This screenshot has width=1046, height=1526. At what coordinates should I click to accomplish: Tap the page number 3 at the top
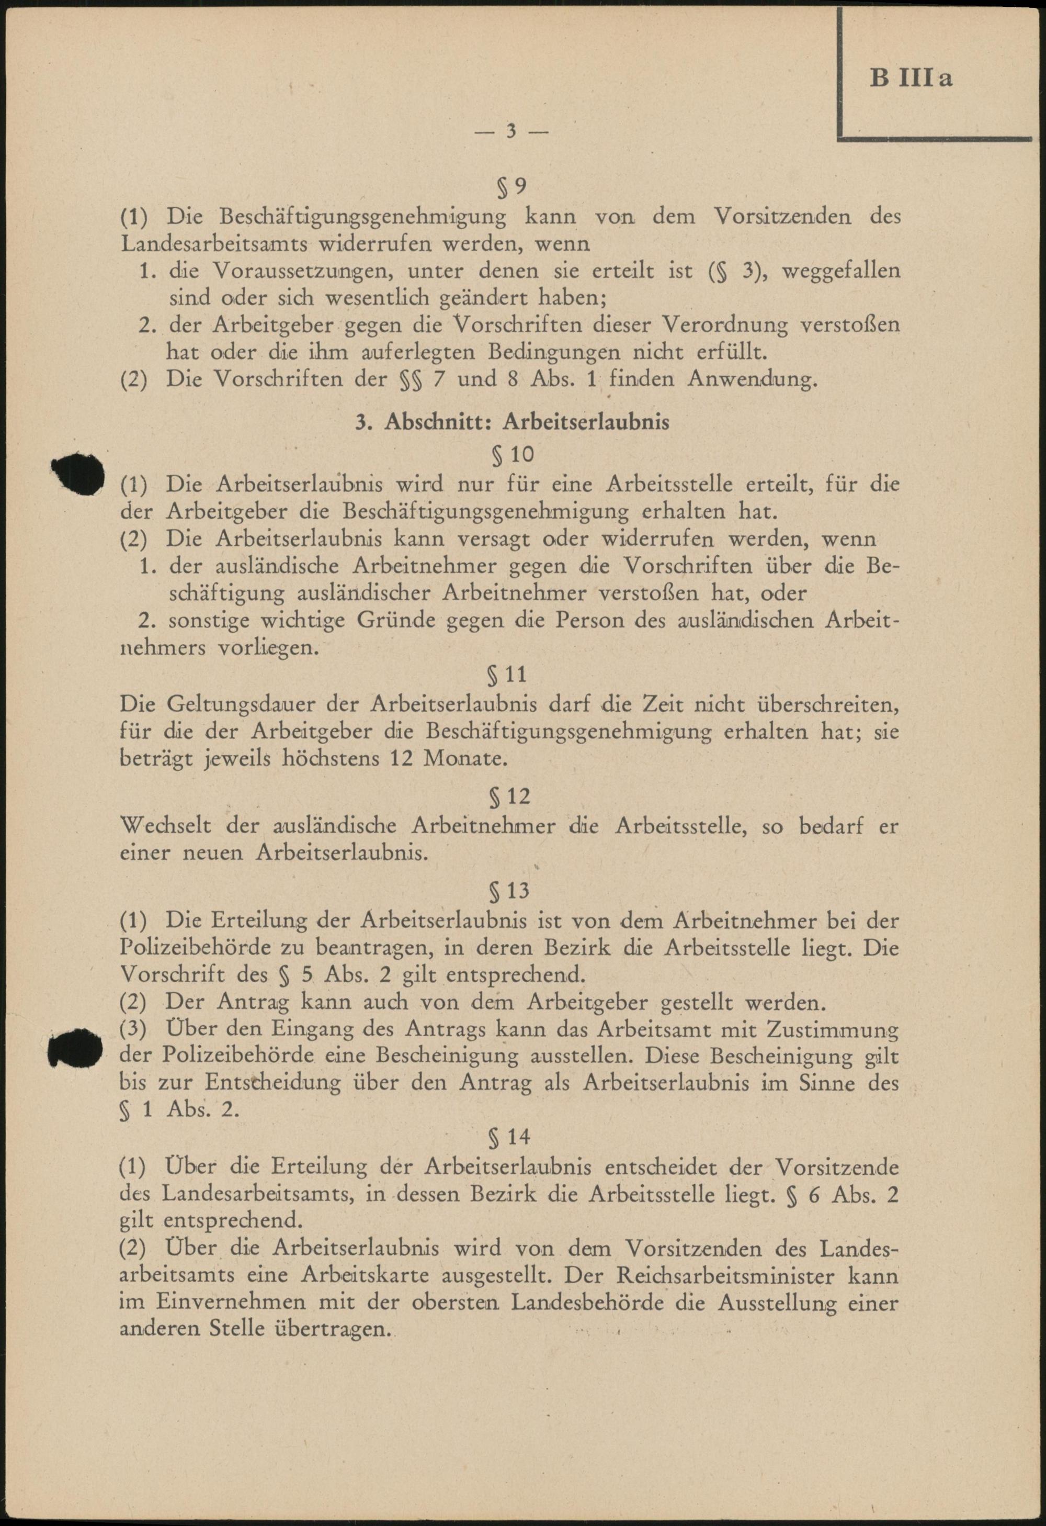coord(511,131)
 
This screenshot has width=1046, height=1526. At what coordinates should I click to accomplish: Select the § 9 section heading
coord(512,188)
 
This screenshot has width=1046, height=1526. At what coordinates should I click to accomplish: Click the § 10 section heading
coord(513,454)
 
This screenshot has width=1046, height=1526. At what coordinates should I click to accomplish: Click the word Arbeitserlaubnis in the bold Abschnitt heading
coord(586,422)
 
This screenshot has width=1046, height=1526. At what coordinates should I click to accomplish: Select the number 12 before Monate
coord(402,759)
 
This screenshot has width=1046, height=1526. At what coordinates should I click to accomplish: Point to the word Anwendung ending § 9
coord(753,379)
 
